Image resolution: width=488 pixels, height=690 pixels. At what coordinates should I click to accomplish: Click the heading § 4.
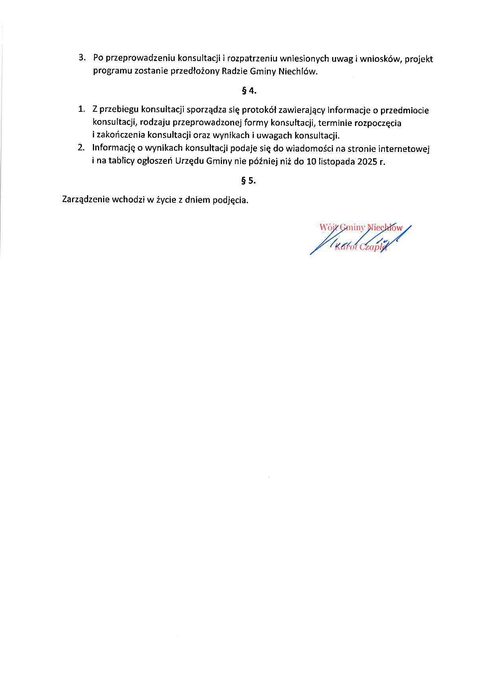pos(249,91)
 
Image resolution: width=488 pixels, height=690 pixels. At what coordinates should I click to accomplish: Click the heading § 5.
pos(248,181)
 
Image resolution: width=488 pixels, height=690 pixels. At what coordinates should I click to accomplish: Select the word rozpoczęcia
pos(378,123)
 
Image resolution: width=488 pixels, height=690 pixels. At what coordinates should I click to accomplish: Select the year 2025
pos(367,161)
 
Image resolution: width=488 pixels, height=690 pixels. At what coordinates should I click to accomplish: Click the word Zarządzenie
pos(86,200)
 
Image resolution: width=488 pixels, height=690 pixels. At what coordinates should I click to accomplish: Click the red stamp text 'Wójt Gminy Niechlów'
pos(361,227)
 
